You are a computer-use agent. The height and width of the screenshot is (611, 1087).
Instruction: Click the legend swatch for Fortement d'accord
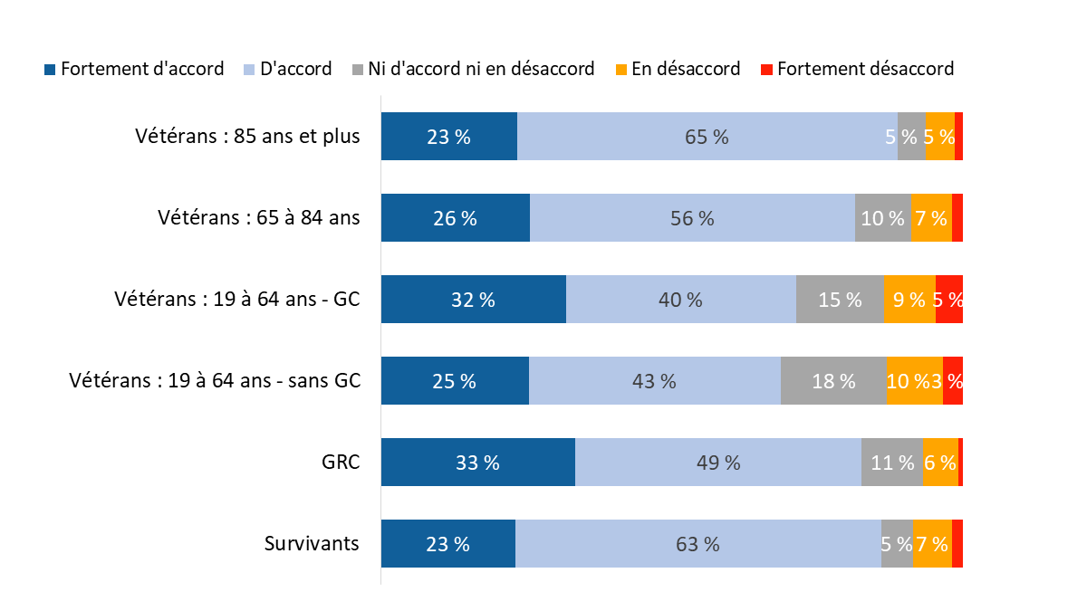pos(51,70)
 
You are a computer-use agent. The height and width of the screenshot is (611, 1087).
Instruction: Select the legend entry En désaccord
pos(686,69)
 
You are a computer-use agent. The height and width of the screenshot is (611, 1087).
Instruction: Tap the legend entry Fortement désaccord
pos(865,69)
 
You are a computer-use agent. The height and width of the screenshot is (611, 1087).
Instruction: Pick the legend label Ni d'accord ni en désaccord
pos(481,69)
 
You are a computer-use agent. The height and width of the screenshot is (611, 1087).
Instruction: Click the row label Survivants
pos(312,543)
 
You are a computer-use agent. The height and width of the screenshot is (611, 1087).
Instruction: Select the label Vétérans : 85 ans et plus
pos(247,137)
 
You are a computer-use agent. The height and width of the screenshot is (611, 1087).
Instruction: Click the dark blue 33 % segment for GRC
pos(477,463)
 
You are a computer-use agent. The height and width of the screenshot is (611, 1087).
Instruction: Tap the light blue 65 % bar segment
pos(707,137)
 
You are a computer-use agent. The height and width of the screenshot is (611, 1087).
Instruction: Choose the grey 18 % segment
pos(833,381)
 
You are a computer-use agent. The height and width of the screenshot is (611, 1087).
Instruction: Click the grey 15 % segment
pos(839,300)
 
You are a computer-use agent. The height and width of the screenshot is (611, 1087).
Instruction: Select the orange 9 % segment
pos(909,300)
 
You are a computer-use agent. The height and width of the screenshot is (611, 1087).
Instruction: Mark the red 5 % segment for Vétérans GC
pos(948,300)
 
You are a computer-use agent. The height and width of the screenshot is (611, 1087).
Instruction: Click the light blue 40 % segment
pos(680,300)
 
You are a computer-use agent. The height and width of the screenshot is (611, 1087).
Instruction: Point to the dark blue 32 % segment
pos(473,300)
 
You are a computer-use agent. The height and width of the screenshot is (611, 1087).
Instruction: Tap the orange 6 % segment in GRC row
pos(940,463)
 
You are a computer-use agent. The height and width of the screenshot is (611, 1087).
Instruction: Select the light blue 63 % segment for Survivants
pos(697,544)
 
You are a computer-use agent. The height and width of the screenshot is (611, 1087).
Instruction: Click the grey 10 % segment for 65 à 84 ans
pos(882,218)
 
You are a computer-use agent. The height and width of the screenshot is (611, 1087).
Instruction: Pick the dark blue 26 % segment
pos(455,218)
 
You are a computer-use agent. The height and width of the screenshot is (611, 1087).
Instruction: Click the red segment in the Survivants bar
pos(957,544)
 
